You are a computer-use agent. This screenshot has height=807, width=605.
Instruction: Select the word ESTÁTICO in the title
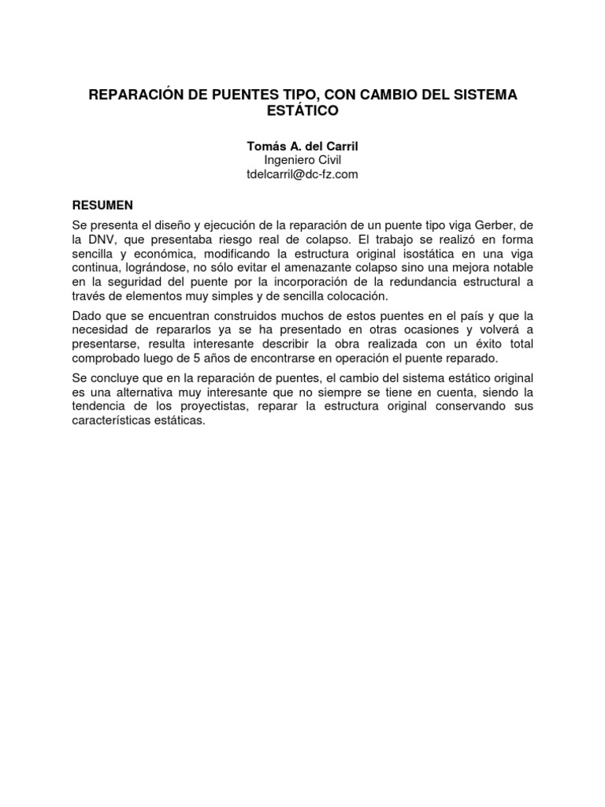302,112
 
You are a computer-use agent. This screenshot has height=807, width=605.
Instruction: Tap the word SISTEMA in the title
482,95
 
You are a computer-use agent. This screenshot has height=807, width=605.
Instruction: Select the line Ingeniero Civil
302,160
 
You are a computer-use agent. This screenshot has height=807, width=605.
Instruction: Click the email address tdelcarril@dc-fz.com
302,174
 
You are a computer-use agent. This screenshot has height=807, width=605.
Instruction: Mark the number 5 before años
195,359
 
